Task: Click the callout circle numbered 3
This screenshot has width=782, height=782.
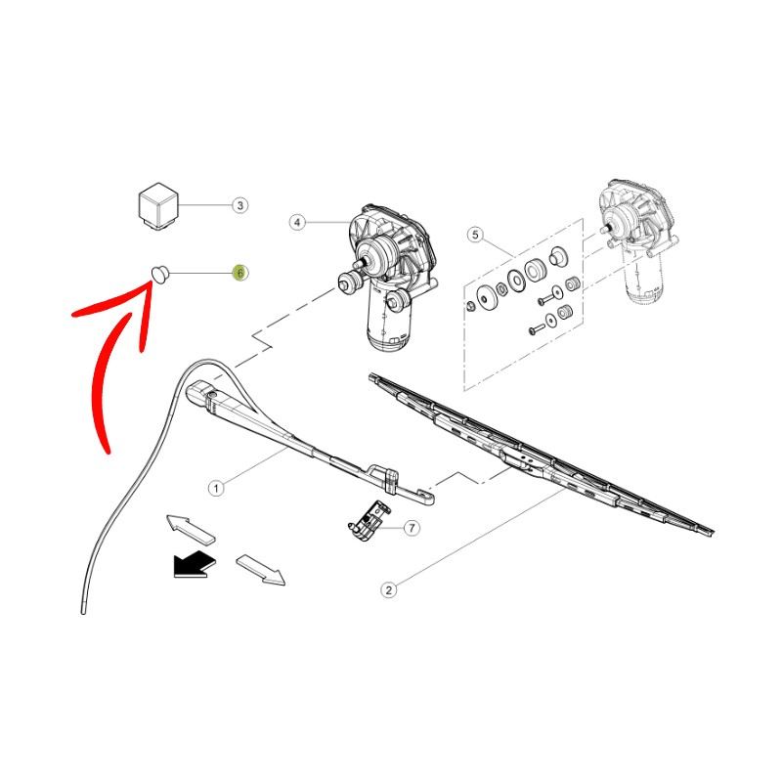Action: click(x=239, y=205)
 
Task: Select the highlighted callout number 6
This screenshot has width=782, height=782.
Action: click(x=239, y=273)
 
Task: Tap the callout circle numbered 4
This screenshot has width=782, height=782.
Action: click(x=297, y=223)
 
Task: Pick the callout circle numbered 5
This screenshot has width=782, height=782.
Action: click(x=476, y=235)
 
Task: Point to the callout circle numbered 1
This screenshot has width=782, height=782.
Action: click(x=217, y=486)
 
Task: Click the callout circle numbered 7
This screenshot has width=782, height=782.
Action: click(x=411, y=528)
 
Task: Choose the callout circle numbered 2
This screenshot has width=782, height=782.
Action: click(x=388, y=589)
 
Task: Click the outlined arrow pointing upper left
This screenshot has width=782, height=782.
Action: click(x=190, y=527)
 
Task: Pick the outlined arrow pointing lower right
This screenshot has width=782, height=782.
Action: click(x=261, y=569)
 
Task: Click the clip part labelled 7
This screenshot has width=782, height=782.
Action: click(x=365, y=519)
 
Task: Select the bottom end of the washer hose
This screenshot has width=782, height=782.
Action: click(x=83, y=611)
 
